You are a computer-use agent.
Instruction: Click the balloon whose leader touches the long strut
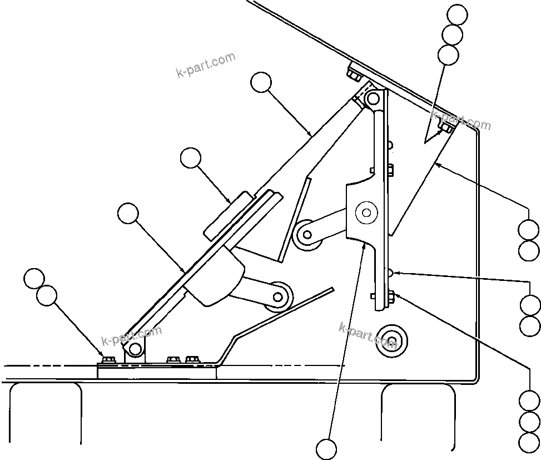[x=261, y=83]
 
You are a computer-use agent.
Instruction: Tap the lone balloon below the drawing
[x=326, y=449]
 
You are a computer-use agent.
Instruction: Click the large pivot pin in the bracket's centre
[x=366, y=212]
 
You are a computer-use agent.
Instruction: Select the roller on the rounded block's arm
[x=278, y=295]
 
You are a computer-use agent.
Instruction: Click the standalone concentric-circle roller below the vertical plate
[x=391, y=340]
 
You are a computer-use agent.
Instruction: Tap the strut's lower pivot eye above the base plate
[x=134, y=348]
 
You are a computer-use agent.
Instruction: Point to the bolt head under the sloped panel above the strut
[x=354, y=74]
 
